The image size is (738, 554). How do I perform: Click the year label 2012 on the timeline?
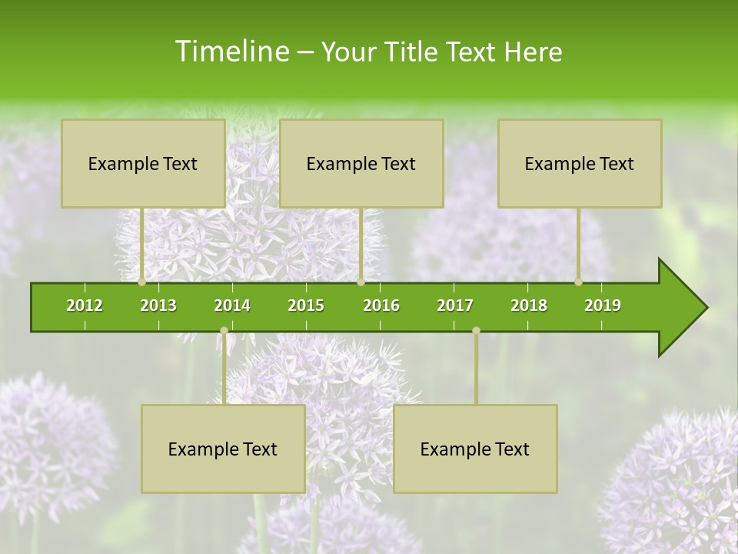[x=85, y=305]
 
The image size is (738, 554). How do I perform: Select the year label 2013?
[x=158, y=305]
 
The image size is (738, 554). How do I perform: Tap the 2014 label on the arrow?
[x=232, y=305]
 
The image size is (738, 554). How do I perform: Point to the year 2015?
[x=306, y=305]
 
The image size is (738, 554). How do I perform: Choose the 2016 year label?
[x=381, y=305]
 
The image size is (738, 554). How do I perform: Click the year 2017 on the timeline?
[x=455, y=305]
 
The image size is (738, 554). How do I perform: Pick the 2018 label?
[x=529, y=305]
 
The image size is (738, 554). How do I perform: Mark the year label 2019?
[x=603, y=305]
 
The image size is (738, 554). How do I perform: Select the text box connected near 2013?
[x=143, y=163]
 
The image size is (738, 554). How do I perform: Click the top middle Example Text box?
[x=361, y=163]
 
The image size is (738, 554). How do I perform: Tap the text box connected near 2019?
[x=580, y=163]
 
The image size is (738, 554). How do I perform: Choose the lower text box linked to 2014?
[x=223, y=449]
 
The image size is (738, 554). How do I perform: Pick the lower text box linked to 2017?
[x=475, y=449]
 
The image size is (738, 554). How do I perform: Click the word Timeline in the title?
[x=231, y=52]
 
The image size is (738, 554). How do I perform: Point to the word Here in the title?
[x=533, y=52]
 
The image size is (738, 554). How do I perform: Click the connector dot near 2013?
[x=142, y=282]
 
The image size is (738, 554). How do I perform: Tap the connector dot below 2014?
[x=224, y=330]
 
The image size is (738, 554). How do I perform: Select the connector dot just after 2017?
[x=476, y=330]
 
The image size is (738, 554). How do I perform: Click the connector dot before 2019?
[x=579, y=282]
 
